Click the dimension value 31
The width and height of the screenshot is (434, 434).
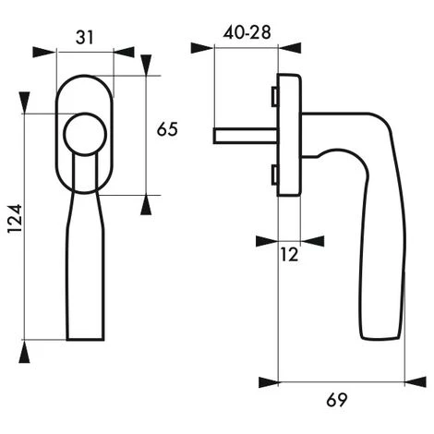pos(84,38)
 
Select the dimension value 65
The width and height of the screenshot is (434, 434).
pos(167,129)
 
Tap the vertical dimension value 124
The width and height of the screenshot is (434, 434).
pos(15,218)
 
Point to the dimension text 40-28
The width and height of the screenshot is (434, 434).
pos(247,32)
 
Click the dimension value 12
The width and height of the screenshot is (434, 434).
pos(289,255)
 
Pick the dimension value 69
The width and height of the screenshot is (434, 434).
pos(337,400)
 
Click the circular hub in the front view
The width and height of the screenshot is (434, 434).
pos(85,134)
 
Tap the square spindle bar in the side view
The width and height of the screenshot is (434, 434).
pos(246,137)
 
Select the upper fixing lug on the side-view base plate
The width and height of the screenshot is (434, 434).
pos(275,96)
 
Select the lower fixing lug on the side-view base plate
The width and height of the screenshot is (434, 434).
pos(275,175)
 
